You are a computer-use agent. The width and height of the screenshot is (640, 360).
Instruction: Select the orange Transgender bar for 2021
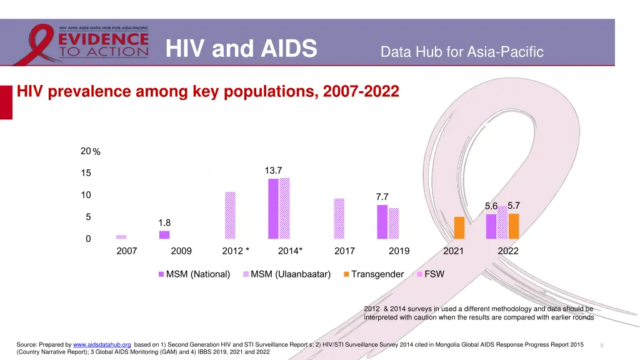[x=459, y=227]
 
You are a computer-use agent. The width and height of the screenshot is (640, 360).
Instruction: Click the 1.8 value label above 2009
[x=164, y=222]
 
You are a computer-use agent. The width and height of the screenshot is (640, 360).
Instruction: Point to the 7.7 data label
[x=382, y=197]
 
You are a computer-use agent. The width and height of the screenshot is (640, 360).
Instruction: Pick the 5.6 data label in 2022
[x=491, y=206]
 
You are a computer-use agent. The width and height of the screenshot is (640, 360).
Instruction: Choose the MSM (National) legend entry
[x=194, y=274]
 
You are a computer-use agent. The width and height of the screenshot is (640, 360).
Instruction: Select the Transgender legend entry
[x=372, y=274]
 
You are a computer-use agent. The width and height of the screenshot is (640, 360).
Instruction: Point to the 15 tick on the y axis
[x=86, y=173]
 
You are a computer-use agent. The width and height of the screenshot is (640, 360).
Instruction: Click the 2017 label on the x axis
[x=344, y=251]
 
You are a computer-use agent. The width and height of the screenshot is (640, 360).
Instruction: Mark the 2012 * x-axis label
[x=236, y=251]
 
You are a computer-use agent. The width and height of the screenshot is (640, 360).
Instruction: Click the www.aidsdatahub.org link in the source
[x=102, y=344]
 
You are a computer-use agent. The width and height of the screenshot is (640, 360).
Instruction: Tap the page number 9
[x=601, y=345]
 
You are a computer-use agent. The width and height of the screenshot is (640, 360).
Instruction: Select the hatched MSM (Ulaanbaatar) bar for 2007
[x=121, y=237]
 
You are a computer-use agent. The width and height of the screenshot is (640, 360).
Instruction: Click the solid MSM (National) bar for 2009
[x=164, y=235]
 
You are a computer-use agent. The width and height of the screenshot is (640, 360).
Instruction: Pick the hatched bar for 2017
[x=339, y=219]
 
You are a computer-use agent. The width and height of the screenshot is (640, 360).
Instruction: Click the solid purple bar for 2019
[x=382, y=222]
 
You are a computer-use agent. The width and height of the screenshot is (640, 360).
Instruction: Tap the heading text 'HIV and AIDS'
[x=241, y=49]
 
